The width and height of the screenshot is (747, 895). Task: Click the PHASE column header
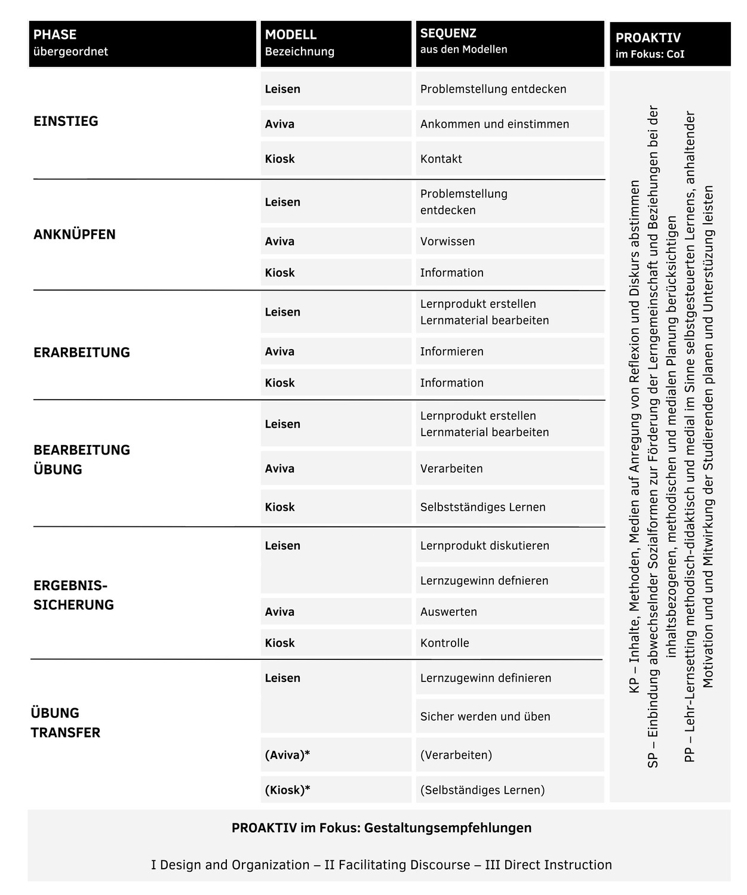(x=142, y=44)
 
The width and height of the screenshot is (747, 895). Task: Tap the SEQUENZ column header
(x=510, y=44)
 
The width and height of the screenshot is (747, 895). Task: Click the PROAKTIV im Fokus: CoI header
(x=669, y=45)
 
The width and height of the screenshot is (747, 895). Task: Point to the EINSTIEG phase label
(x=66, y=121)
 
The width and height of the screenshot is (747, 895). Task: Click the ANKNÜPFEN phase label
(x=75, y=234)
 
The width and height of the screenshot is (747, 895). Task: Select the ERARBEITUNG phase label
(x=82, y=353)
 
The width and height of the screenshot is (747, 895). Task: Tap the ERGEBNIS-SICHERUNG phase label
(x=73, y=595)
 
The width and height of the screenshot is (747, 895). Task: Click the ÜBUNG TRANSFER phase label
(x=66, y=723)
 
